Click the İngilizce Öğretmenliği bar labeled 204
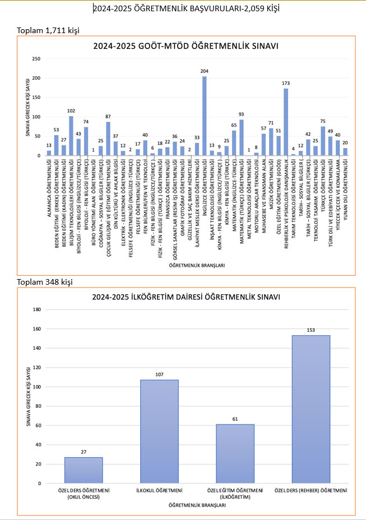tap(204, 116)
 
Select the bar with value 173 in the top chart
tap(286, 122)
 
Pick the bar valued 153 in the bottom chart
tap(311, 409)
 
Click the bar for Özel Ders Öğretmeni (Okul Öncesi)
tap(84, 470)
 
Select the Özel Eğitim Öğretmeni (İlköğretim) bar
tap(235, 454)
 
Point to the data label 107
tap(159, 373)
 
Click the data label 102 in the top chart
tap(71, 111)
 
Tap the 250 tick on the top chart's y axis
tap(36, 58)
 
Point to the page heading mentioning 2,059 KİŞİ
tap(186, 8)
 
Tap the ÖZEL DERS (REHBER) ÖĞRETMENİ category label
tap(311, 491)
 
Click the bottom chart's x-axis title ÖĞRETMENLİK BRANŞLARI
tap(197, 505)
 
